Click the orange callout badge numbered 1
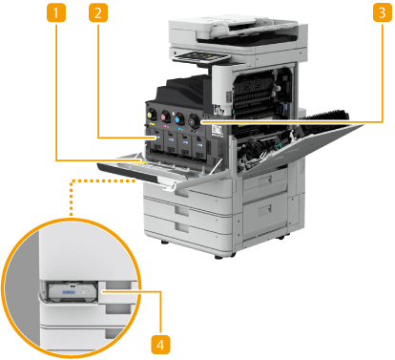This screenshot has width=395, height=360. (x=56, y=13)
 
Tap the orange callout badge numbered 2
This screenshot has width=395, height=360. (x=98, y=13)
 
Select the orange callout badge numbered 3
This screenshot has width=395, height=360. (x=382, y=13)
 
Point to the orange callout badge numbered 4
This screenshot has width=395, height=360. (x=160, y=345)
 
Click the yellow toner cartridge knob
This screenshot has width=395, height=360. (x=152, y=114)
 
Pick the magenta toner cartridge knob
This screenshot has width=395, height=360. (x=165, y=116)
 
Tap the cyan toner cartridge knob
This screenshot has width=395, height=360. (x=179, y=118)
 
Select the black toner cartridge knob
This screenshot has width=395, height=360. (x=194, y=121)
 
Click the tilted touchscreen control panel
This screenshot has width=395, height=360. (x=200, y=57)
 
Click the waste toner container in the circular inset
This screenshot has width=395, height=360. (x=72, y=292)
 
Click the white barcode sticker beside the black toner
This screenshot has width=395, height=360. (x=217, y=130)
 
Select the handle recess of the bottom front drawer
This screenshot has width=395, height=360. (x=182, y=227)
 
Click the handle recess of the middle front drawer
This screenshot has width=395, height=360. (x=182, y=210)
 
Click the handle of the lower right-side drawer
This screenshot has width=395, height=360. (x=264, y=211)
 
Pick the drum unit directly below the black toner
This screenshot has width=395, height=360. (x=198, y=147)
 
